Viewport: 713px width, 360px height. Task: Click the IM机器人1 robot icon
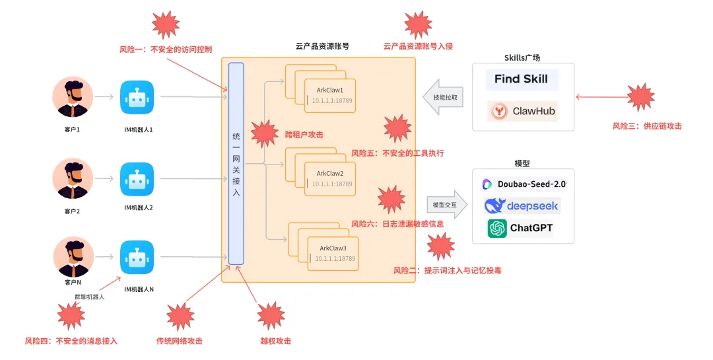[137, 98]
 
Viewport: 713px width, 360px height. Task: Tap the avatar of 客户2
[73, 179]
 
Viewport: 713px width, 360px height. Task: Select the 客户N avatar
[73, 257]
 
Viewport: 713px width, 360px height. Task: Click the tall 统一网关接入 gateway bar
[236, 163]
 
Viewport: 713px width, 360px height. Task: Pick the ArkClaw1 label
[330, 90]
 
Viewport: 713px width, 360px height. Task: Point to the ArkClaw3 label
[333, 248]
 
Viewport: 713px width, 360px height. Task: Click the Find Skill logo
[522, 79]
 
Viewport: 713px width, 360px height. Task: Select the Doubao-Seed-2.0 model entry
[524, 184]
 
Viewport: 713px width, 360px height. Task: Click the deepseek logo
[522, 205]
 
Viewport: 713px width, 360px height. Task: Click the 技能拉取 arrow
[444, 96]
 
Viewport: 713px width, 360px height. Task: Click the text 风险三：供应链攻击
[646, 126]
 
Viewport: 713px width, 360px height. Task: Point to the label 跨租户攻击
[304, 134]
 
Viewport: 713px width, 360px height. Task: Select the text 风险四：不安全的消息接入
[71, 341]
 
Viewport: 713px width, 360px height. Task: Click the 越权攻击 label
[275, 341]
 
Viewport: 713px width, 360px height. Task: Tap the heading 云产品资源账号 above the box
[322, 46]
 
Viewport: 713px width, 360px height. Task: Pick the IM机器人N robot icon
[137, 257]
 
